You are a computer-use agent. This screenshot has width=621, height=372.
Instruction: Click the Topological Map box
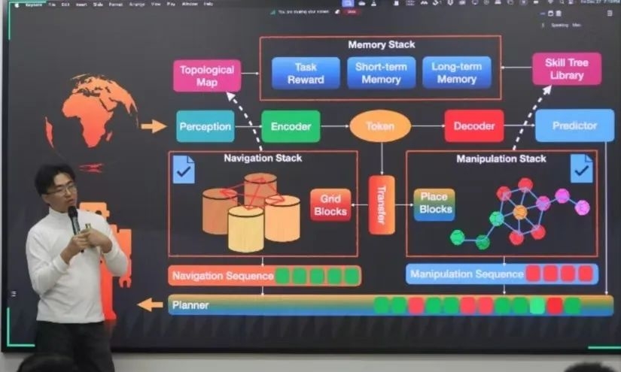click(207, 75)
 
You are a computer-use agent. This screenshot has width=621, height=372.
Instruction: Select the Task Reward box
click(306, 73)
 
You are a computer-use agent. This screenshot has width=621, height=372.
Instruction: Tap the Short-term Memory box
click(381, 73)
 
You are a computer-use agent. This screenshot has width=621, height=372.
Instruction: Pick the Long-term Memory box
click(456, 73)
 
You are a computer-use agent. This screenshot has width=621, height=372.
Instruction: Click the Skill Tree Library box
click(567, 69)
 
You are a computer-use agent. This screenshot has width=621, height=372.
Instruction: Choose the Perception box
click(205, 126)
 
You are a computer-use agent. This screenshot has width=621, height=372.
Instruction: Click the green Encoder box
click(291, 126)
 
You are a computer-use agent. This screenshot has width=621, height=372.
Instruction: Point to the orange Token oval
click(380, 126)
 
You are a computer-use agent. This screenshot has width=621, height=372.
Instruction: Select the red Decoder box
click(473, 126)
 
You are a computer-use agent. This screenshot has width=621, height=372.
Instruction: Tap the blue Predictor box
click(574, 126)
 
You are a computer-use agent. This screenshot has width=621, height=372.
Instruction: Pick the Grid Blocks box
click(330, 204)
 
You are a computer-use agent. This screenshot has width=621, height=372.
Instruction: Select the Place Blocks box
click(434, 204)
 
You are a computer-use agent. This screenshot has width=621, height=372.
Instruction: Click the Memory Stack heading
click(381, 45)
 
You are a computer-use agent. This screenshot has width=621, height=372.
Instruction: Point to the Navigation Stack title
click(263, 159)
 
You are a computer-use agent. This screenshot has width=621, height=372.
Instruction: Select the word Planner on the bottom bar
click(190, 306)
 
